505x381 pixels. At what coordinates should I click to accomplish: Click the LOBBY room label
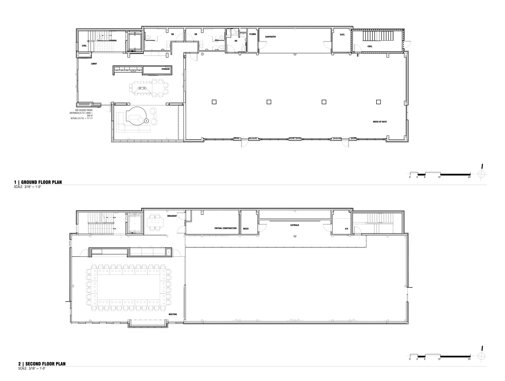tap(94, 64)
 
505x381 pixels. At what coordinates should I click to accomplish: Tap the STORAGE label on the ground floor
tap(166, 69)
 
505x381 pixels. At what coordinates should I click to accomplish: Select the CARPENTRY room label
tap(270, 37)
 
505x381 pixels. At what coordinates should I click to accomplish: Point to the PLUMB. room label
tap(253, 34)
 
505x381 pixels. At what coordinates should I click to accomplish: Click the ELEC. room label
tap(342, 35)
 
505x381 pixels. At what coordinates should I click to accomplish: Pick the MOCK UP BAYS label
tap(380, 122)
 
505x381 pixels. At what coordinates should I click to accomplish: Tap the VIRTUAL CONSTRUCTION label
tap(225, 228)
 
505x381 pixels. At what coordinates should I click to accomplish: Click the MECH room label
tap(246, 229)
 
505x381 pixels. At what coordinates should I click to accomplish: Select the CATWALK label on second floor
tap(294, 225)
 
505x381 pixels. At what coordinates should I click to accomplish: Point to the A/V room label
tap(346, 229)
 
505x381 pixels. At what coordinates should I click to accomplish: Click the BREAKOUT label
tap(172, 216)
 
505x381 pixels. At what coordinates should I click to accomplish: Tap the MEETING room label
tap(173, 314)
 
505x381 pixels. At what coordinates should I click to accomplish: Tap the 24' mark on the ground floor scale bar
tap(469, 177)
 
